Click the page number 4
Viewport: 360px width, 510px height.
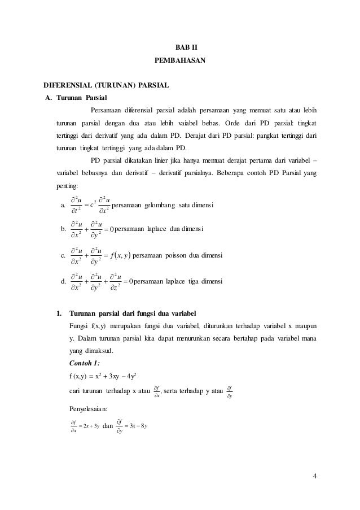(x=315, y=473)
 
